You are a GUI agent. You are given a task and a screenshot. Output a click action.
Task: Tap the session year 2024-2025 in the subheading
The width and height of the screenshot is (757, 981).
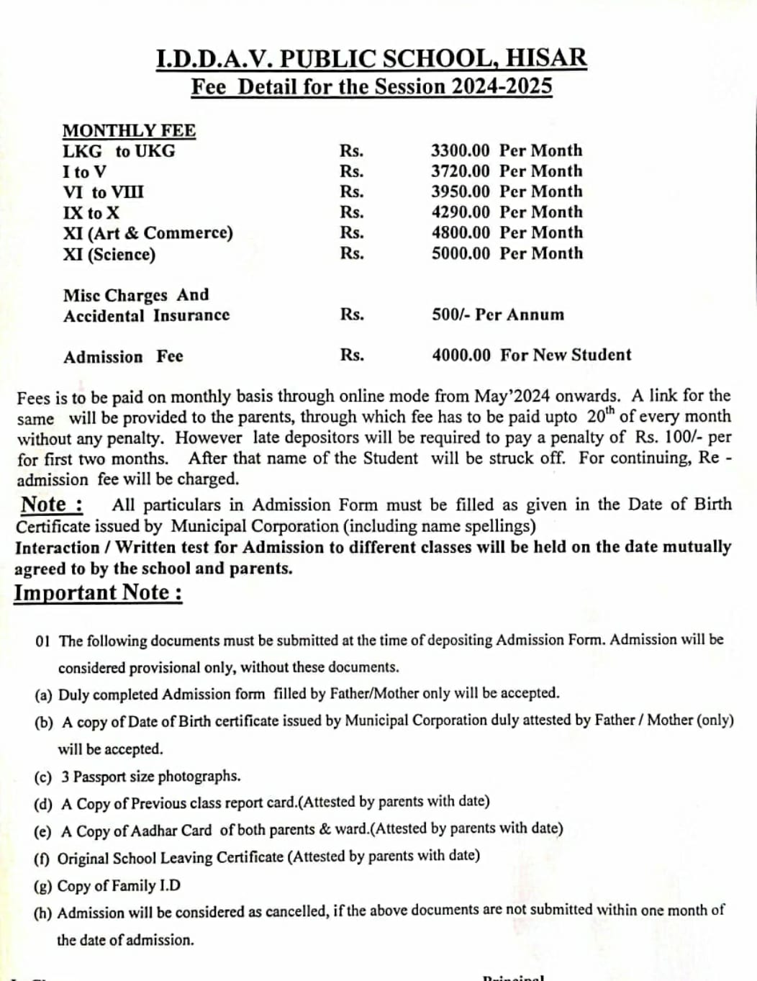pos(502,86)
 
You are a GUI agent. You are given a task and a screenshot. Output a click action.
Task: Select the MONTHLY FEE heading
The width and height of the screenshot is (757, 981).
pos(129,130)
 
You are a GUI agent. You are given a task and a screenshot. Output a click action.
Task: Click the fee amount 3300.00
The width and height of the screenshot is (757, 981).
pos(460,150)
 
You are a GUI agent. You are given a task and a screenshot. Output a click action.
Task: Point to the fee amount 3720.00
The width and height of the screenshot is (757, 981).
pos(460,171)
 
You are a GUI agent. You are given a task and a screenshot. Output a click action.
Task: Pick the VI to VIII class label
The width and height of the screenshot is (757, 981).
pos(103,192)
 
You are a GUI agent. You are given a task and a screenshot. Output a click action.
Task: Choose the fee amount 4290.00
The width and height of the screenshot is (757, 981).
pos(460,212)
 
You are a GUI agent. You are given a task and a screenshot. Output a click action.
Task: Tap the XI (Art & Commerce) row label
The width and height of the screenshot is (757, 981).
pos(148,233)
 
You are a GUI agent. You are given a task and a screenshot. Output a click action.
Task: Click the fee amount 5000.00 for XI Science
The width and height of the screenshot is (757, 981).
pos(460,253)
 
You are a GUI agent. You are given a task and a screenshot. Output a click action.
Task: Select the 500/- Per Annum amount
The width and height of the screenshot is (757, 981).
pos(498,315)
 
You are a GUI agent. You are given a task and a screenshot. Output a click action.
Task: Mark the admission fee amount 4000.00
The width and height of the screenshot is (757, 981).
pos(461,355)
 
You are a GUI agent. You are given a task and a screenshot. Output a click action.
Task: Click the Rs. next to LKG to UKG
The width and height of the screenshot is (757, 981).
pos(352,151)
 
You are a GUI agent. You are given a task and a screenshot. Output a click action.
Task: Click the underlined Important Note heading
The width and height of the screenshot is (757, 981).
pos(98,592)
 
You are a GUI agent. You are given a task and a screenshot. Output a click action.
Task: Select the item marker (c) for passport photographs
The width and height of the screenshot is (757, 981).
pos(43,777)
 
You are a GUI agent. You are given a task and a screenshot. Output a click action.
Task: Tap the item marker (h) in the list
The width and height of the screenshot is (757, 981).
pos(43,913)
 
